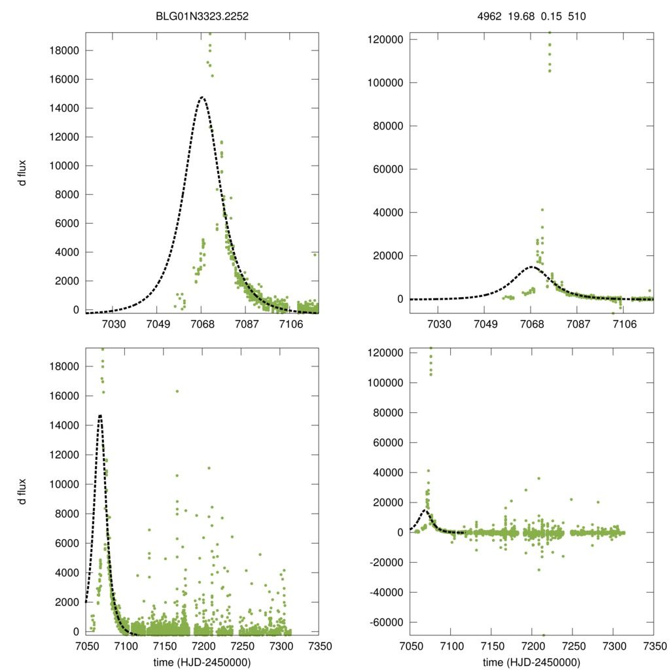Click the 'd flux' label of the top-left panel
tap(24, 173)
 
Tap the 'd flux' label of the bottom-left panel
tap(24, 491)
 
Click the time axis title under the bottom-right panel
tap(532, 661)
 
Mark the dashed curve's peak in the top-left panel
tap(202, 97)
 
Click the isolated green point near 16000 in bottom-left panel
tap(177, 391)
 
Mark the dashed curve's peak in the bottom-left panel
tap(100, 415)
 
